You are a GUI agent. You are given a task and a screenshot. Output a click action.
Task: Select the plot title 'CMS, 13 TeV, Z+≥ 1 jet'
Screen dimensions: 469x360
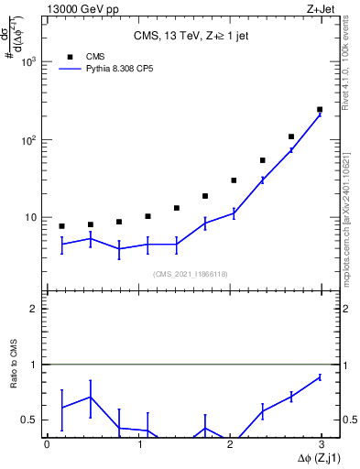(x=183, y=36)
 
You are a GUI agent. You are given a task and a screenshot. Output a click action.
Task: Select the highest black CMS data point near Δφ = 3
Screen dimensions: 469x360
(x=320, y=109)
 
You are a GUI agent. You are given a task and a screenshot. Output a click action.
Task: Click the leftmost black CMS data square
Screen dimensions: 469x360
(x=61, y=226)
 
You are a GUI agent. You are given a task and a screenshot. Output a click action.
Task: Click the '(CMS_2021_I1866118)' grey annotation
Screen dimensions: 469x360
(x=190, y=273)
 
